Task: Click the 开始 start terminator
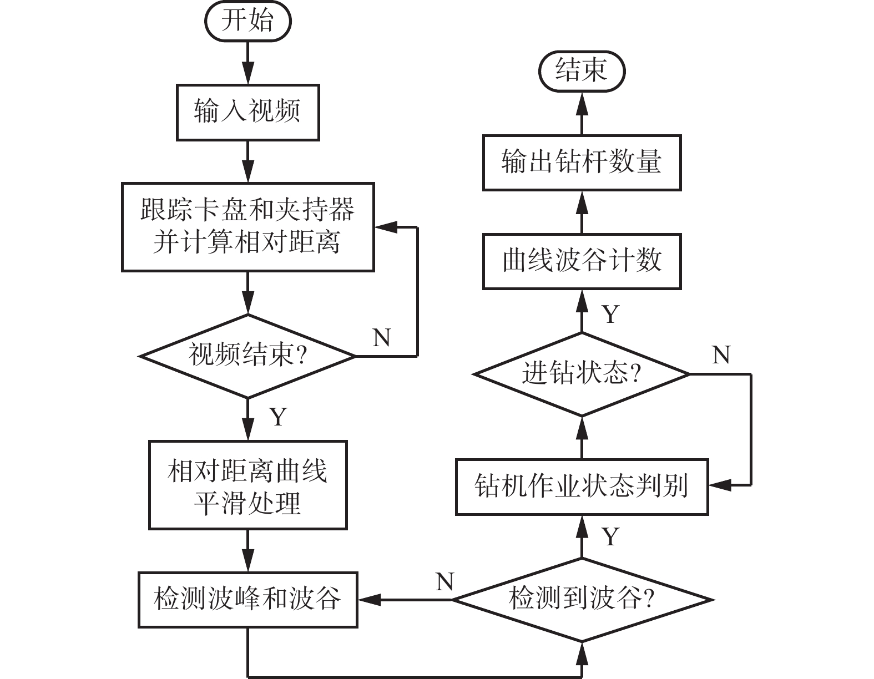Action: pos(247,21)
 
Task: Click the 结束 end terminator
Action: pos(582,72)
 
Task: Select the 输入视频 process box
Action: pos(247,112)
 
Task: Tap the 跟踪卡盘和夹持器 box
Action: pos(247,227)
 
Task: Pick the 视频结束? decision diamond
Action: pos(247,356)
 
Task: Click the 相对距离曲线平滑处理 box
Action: pos(247,485)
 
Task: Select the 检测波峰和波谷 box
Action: pos(247,600)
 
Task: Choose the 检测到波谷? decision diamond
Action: pos(582,600)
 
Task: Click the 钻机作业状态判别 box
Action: pos(582,487)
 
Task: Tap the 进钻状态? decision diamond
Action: pos(582,374)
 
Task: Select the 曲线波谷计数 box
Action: pos(582,261)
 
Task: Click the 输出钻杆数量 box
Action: pos(582,163)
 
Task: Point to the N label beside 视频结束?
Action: pos(382,337)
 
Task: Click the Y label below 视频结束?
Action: pos(278,416)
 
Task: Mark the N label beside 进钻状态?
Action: pos(721,355)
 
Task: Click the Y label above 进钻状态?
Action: pos(611,315)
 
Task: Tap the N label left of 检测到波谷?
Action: pos(445,582)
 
